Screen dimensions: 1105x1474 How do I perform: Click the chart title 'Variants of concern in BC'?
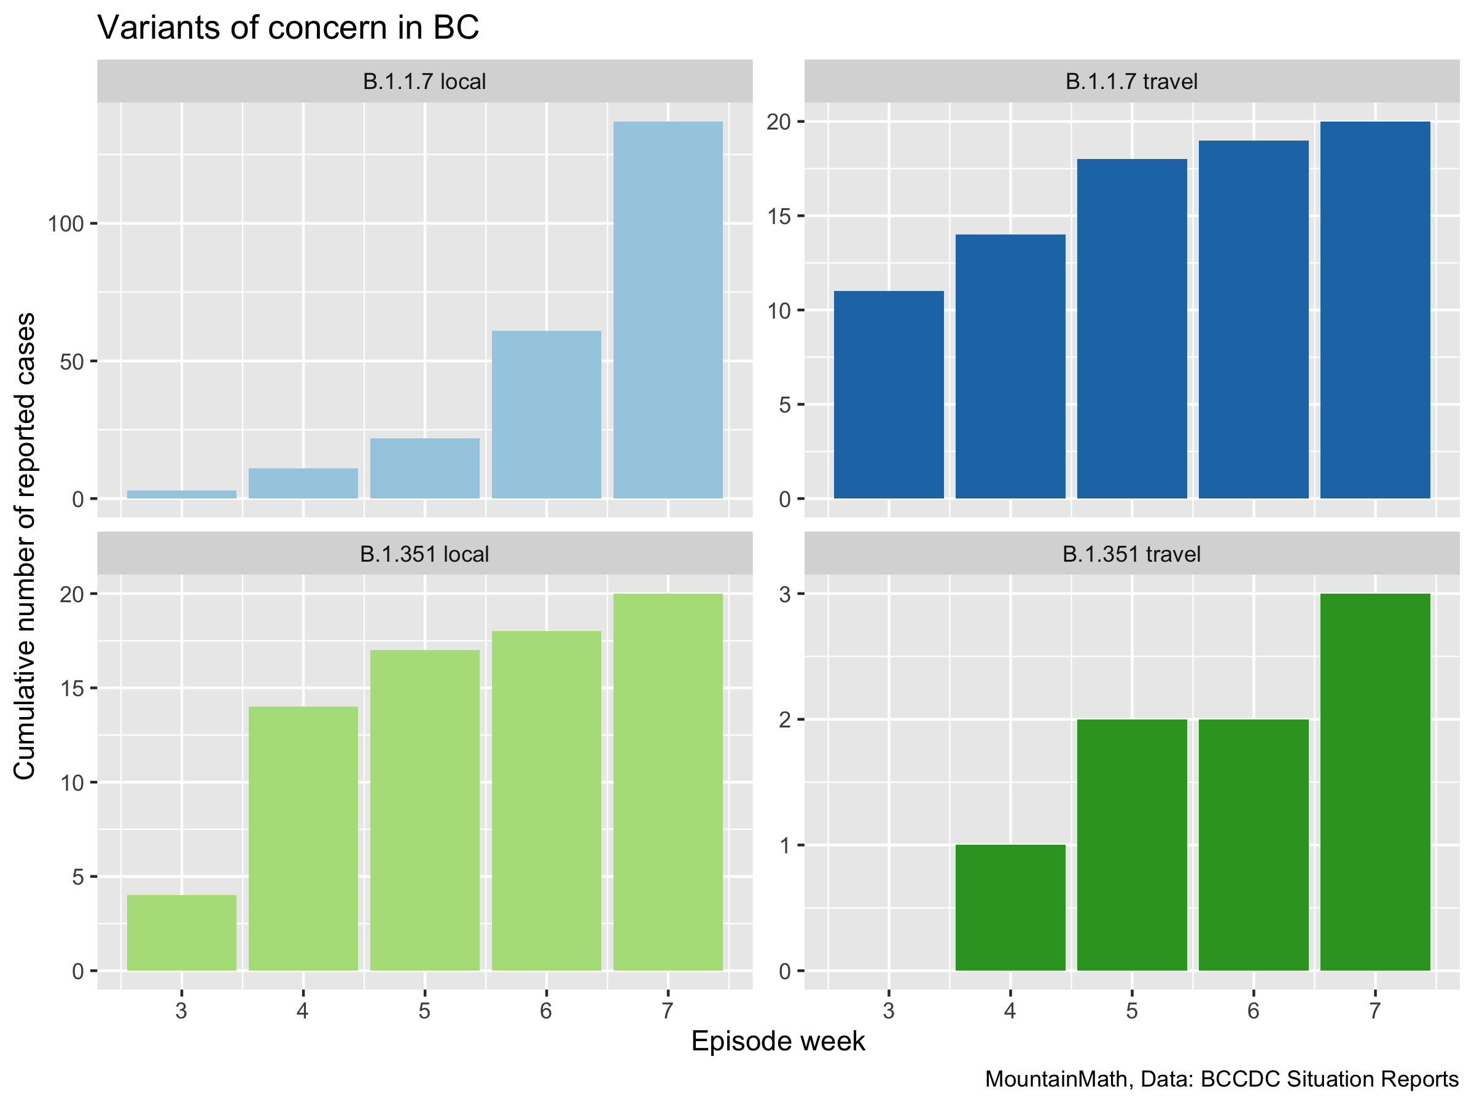click(x=288, y=28)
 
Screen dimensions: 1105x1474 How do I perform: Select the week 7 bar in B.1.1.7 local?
click(x=668, y=310)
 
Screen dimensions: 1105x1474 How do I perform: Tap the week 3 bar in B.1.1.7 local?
click(x=181, y=494)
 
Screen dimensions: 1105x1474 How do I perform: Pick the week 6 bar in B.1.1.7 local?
click(x=547, y=414)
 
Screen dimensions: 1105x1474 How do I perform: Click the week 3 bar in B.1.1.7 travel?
click(x=888, y=394)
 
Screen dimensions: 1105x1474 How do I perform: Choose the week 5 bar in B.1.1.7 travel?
click(x=1131, y=328)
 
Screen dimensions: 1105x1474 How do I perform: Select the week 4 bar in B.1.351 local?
click(x=303, y=838)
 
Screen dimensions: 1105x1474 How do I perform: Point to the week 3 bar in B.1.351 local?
click(x=181, y=932)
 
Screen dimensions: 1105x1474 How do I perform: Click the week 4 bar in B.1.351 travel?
click(x=1010, y=907)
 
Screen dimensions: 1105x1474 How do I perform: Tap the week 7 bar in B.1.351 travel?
click(x=1375, y=781)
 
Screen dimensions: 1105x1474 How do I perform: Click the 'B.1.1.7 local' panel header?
click(x=424, y=81)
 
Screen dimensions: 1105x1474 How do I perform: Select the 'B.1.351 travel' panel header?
click(x=1131, y=554)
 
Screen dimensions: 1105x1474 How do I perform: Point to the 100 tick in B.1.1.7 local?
click(x=65, y=224)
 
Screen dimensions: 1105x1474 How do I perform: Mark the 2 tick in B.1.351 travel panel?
click(x=784, y=719)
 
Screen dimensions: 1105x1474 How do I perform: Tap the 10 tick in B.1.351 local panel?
click(x=71, y=783)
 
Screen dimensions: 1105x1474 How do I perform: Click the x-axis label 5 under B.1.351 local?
click(x=424, y=1011)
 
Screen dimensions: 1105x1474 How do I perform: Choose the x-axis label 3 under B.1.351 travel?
click(x=888, y=1011)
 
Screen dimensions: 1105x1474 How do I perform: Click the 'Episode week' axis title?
click(x=778, y=1041)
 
